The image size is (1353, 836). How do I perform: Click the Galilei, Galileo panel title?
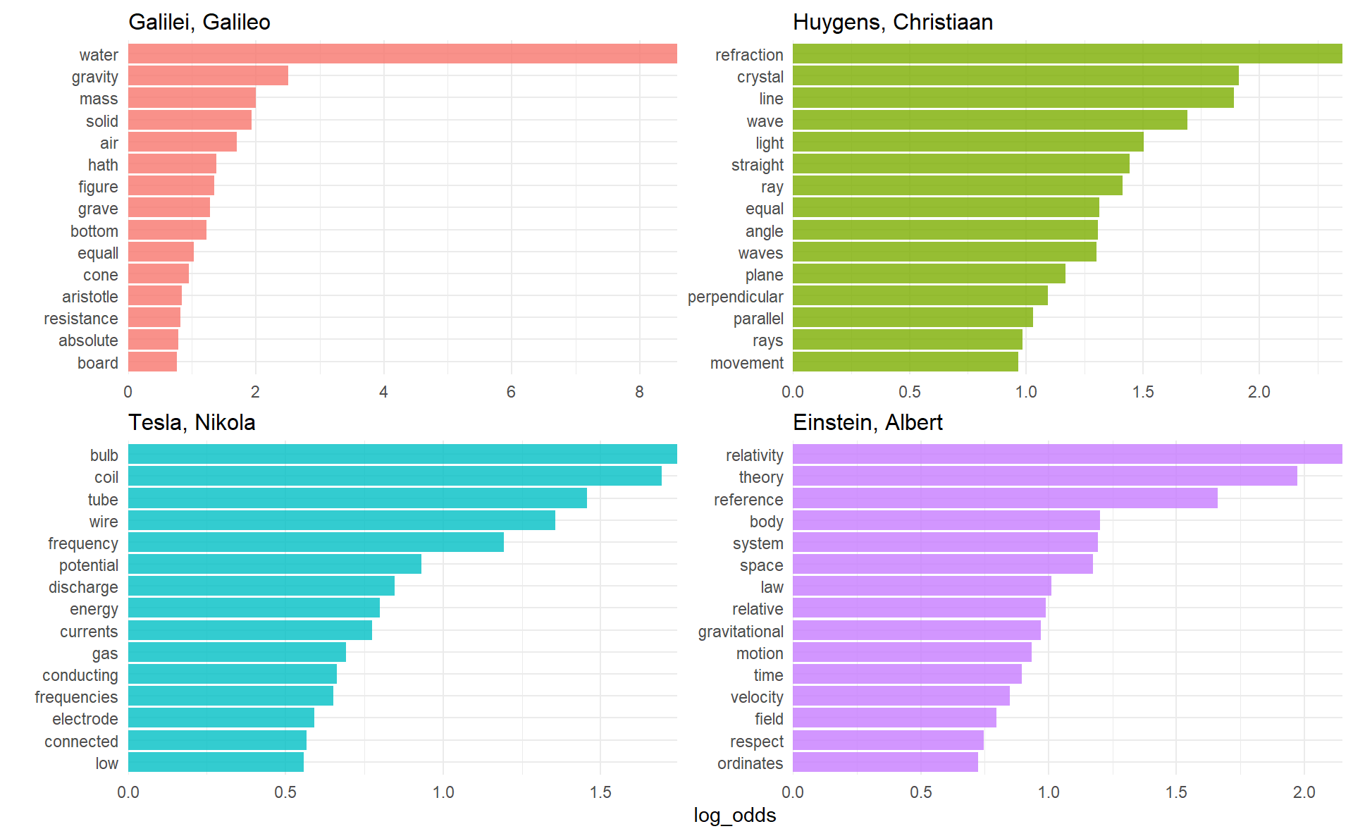pyautogui.click(x=199, y=23)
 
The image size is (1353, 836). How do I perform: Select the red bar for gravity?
pyautogui.click(x=208, y=76)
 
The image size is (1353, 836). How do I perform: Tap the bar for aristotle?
pyautogui.click(x=155, y=296)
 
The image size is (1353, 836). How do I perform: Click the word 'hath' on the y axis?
pyautogui.click(x=103, y=165)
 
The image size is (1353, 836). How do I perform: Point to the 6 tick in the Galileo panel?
pyautogui.click(x=511, y=392)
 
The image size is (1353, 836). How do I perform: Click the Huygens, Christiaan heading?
pyautogui.click(x=892, y=23)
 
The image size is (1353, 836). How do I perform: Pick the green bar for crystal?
pyautogui.click(x=1015, y=76)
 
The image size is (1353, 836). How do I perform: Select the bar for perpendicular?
pyautogui.click(x=920, y=296)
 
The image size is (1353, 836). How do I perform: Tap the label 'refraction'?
pyautogui.click(x=749, y=55)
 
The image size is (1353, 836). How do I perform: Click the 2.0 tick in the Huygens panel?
pyautogui.click(x=1259, y=392)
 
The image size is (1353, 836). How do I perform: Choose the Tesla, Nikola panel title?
pyautogui.click(x=192, y=423)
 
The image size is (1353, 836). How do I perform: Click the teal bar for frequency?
pyautogui.click(x=316, y=543)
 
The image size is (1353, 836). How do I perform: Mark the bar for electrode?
pyautogui.click(x=221, y=718)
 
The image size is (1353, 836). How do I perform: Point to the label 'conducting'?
pyautogui.click(x=80, y=675)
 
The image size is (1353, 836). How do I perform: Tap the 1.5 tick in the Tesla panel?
pyautogui.click(x=600, y=792)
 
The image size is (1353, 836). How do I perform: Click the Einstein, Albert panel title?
pyautogui.click(x=867, y=423)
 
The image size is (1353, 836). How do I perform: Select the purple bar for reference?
pyautogui.click(x=1005, y=499)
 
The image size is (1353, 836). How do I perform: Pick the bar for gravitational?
pyautogui.click(x=916, y=631)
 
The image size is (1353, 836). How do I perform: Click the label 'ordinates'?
pyautogui.click(x=750, y=763)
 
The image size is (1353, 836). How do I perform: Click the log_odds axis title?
pyautogui.click(x=734, y=816)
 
